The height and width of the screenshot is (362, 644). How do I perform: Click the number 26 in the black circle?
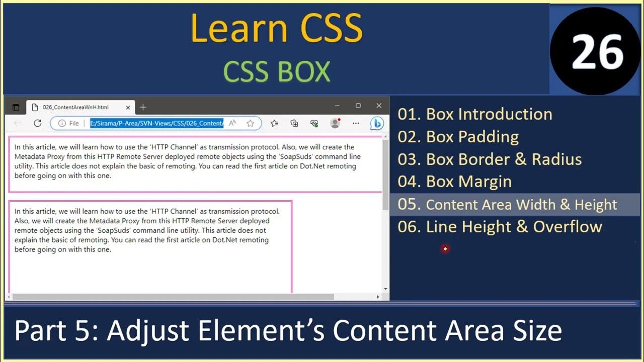tap(597, 52)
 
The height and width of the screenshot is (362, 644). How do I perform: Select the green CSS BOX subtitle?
tap(276, 72)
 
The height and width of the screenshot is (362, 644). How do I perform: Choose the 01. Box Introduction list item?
tap(474, 114)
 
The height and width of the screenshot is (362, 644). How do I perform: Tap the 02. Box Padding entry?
tap(458, 137)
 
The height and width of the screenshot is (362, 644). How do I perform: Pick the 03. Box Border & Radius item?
tap(489, 159)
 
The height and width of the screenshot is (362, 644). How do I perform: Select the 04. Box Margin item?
tap(454, 182)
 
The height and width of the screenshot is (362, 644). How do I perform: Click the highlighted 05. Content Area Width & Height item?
tap(507, 205)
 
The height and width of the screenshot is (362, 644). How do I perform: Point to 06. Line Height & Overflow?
tap(500, 227)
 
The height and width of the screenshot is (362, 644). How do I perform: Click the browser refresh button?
tap(37, 123)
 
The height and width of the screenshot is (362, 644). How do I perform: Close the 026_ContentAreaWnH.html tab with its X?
tap(128, 107)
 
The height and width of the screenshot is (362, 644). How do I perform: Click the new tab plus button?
tap(143, 107)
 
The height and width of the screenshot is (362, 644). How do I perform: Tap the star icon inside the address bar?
tap(250, 123)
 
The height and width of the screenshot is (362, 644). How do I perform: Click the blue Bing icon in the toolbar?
tap(377, 123)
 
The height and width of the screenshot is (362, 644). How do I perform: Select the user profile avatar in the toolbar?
tap(335, 123)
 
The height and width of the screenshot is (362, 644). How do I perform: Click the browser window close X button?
tap(379, 106)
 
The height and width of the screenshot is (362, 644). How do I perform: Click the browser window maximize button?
tap(358, 106)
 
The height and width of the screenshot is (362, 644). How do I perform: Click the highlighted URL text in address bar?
tap(156, 123)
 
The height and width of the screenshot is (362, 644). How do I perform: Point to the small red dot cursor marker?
tap(445, 249)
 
